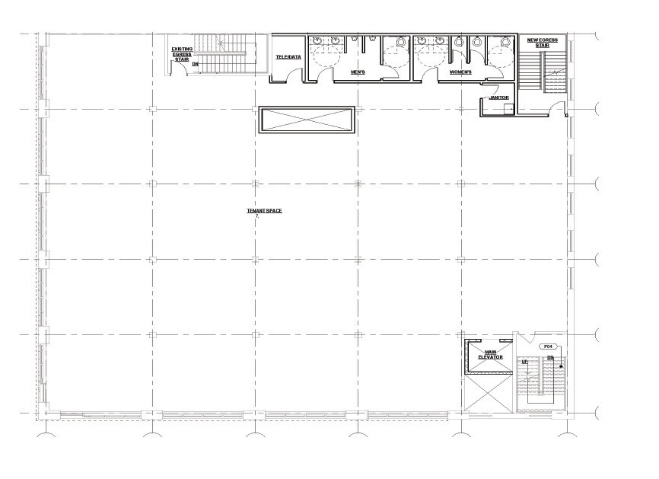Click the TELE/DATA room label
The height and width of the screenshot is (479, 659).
coord(288,57)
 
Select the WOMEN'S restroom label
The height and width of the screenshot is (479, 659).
coord(460,72)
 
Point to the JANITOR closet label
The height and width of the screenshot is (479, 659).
coord(498,98)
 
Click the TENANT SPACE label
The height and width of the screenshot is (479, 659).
coord(264,211)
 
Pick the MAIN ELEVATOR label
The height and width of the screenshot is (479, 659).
coord(487,354)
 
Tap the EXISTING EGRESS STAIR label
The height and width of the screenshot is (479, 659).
coord(182,53)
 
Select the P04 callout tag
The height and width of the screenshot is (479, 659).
coord(548,347)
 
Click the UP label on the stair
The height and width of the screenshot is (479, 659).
coord(525,361)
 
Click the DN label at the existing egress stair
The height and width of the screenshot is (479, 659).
coord(195,65)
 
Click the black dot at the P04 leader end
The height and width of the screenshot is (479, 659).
coord(562,367)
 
